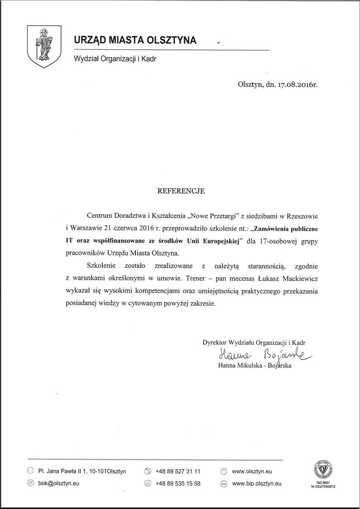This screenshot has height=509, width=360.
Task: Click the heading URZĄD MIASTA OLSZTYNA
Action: point(135,41)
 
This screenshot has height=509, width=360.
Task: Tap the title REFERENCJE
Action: point(181,191)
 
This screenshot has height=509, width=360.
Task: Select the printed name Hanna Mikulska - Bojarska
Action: point(254,366)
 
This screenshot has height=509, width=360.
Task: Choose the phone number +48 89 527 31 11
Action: point(178,471)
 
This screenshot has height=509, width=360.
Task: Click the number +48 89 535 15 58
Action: point(178,483)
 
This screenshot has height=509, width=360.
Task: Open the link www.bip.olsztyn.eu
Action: point(256,483)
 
